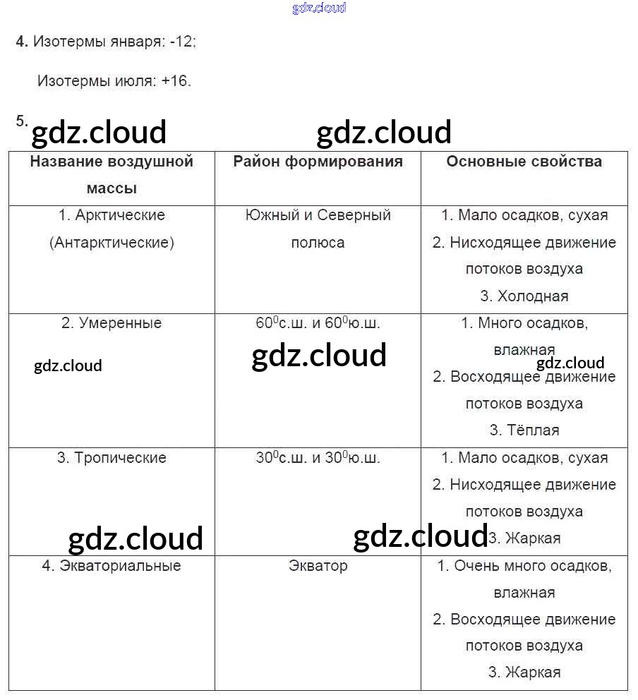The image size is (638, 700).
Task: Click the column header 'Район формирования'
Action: (x=318, y=162)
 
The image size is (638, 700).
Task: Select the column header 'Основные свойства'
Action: (x=524, y=162)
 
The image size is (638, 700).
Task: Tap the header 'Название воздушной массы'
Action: (x=112, y=174)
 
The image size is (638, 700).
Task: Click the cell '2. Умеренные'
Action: (x=112, y=323)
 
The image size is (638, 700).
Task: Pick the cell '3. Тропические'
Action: (x=112, y=457)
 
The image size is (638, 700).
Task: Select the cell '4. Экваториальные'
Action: (x=112, y=566)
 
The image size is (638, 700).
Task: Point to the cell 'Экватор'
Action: (x=318, y=566)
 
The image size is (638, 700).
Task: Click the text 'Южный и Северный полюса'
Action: (x=318, y=229)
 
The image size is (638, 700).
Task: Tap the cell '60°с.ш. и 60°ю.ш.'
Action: (x=318, y=323)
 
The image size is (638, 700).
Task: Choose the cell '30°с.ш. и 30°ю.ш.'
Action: (x=318, y=457)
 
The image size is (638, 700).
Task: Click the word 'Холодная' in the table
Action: (x=533, y=296)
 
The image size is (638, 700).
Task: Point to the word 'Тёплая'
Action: (x=533, y=430)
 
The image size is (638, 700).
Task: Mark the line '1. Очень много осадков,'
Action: (x=524, y=566)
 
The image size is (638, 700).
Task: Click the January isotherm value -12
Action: (x=182, y=42)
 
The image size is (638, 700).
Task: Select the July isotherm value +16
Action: (x=176, y=81)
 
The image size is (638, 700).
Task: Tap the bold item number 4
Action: (x=21, y=42)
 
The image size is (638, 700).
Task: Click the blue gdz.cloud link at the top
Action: (x=319, y=8)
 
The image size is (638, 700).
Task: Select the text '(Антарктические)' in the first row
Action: (x=112, y=243)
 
